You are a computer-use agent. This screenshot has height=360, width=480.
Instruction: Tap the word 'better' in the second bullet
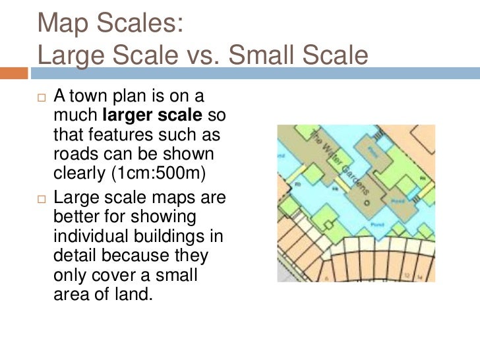(x=72, y=218)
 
